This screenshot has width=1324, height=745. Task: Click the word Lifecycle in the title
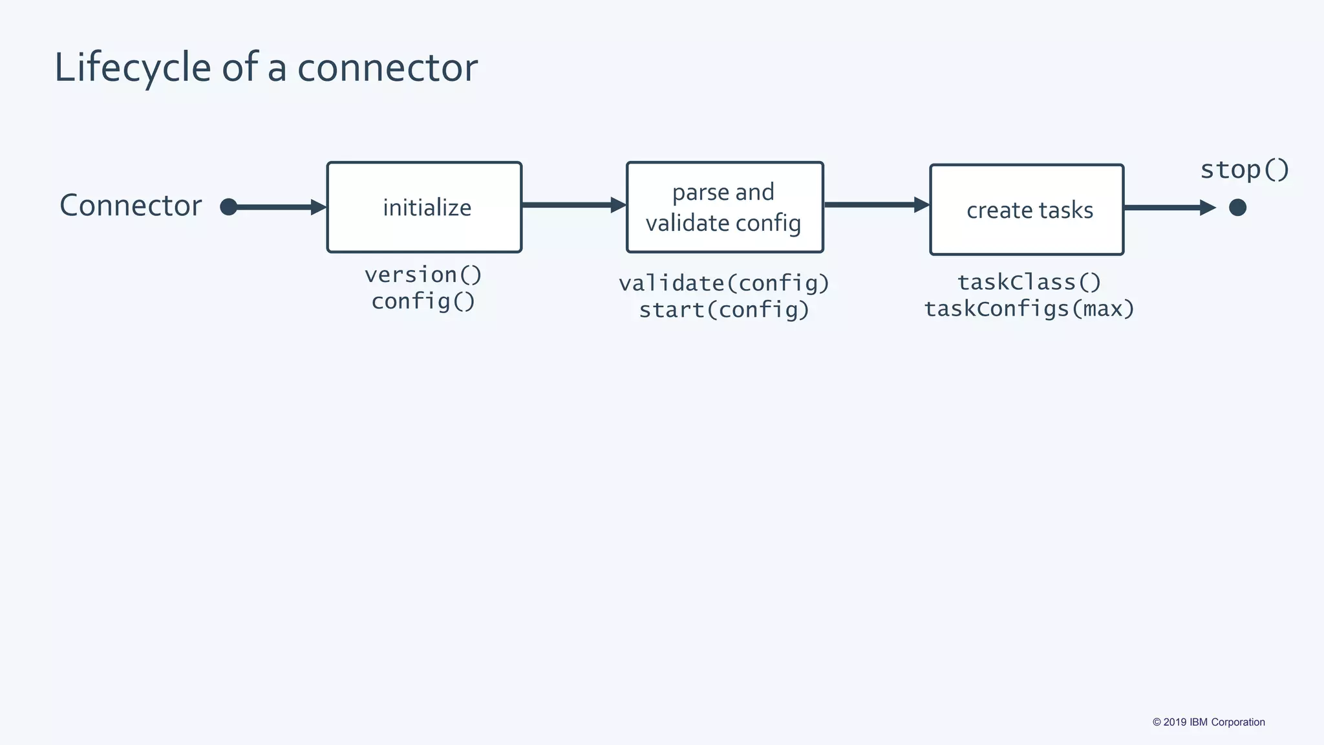pos(133,67)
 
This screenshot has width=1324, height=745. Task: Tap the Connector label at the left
pos(131,206)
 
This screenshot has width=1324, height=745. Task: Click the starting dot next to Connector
pos(228,207)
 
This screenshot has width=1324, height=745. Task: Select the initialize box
pos(424,207)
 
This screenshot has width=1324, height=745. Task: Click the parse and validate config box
pos(724,207)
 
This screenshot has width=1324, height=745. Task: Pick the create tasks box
pos(1027,210)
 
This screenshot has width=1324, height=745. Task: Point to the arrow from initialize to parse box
pos(573,206)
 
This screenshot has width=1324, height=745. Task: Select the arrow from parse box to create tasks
pos(876,205)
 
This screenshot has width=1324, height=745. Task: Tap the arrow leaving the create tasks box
pos(1169,208)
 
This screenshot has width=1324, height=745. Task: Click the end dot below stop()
pos(1237,208)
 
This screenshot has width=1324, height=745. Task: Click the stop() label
pos(1244,170)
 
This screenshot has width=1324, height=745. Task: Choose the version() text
pos(423,275)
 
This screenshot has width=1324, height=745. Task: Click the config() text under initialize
pos(423,301)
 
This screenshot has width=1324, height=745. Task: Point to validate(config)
pos(723,283)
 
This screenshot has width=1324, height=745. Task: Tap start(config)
pos(723,310)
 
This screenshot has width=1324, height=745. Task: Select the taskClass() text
pos(1029,282)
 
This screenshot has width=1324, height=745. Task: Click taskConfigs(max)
pos(1029,308)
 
